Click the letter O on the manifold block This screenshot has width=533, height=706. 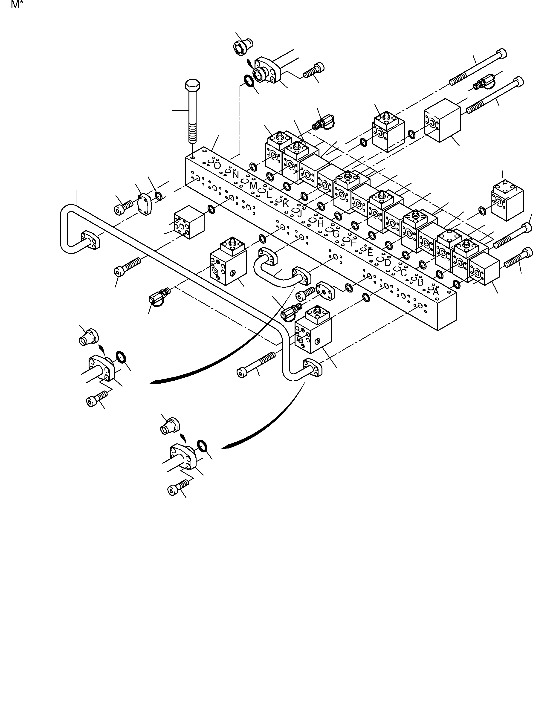pyautogui.click(x=217, y=166)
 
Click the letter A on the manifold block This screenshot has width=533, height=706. pyautogui.click(x=436, y=291)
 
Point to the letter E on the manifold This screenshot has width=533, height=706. pyautogui.click(x=370, y=252)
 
